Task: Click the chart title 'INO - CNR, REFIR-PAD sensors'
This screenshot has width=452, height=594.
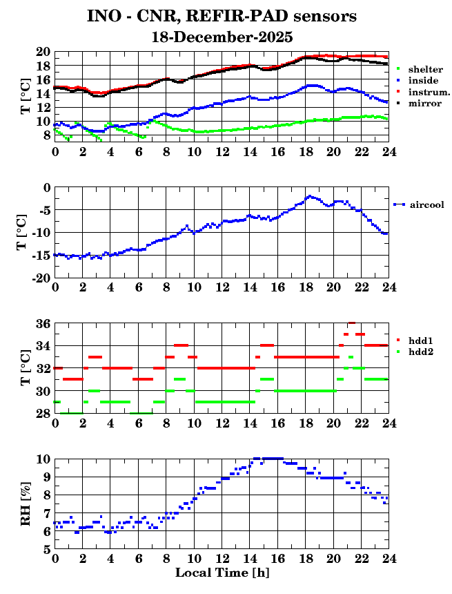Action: (x=222, y=15)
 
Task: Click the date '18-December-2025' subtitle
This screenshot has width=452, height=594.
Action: (x=222, y=37)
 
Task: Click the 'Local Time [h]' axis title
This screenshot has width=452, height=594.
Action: (x=222, y=573)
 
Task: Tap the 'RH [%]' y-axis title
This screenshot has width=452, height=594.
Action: (x=26, y=504)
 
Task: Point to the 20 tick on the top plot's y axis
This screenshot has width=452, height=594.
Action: (x=42, y=52)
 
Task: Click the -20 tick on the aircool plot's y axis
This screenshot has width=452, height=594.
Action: (x=39, y=278)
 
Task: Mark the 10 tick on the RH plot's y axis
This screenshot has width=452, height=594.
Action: (x=42, y=459)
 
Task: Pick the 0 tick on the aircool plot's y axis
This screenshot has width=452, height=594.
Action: (x=46, y=188)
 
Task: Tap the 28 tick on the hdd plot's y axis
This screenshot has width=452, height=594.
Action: (x=42, y=414)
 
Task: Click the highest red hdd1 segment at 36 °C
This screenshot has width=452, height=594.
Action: (x=351, y=323)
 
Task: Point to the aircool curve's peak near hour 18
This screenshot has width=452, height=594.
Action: (x=310, y=196)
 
